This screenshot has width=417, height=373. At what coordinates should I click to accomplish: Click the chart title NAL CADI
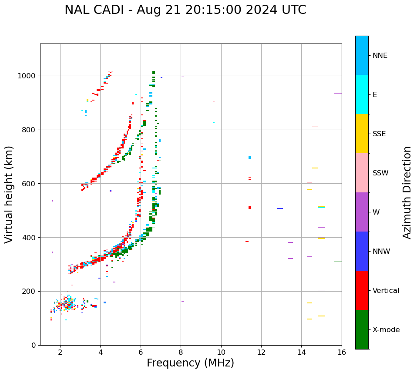coord(185,10)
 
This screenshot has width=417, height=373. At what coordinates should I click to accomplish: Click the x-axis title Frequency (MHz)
coord(190,363)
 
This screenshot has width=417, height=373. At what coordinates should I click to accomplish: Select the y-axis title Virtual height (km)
coord(9,194)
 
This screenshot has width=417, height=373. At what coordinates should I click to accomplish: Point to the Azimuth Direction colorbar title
coord(407,192)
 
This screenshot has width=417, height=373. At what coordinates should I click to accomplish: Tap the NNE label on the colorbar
coord(380,56)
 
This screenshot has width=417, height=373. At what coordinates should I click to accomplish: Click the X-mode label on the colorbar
coord(386,330)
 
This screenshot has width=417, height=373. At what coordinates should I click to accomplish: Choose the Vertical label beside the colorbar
coord(386,291)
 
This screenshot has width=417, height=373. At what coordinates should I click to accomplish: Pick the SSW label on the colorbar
coord(380,173)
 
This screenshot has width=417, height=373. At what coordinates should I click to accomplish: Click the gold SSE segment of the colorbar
coord(362,133)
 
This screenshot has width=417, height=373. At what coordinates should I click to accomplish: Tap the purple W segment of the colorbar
coord(362,212)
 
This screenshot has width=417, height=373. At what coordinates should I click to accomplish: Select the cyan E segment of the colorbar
coord(362,94)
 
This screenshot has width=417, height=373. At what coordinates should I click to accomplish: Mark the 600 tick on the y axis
coord(30,184)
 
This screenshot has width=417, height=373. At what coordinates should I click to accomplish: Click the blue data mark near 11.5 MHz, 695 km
coord(250,158)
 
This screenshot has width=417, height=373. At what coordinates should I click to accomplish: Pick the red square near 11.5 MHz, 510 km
coord(250,207)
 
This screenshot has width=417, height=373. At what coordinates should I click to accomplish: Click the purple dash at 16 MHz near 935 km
coord(338,93)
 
